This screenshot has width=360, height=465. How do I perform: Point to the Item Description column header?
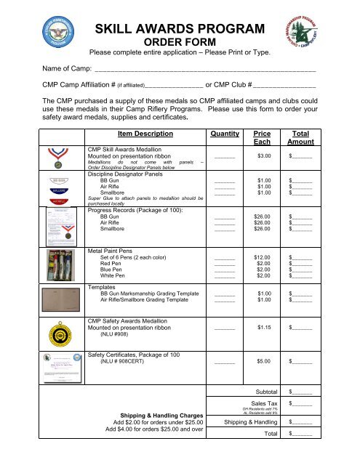tap(145, 134)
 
